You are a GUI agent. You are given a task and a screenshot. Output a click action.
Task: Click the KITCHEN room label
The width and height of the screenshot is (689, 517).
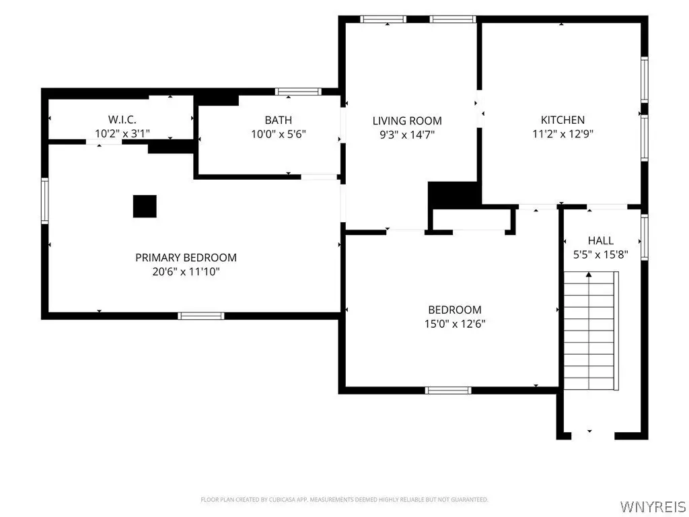563,120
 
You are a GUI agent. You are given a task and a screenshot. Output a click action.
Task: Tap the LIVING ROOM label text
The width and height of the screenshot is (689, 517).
407,120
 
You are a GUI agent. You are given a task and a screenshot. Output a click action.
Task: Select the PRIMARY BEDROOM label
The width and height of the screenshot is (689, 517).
186,257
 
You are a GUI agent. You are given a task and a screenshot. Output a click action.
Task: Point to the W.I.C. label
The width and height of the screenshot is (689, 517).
122,119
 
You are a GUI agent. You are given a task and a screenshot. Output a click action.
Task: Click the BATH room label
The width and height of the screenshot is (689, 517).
278,120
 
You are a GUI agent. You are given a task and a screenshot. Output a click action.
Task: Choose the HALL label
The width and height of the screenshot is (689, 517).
601,240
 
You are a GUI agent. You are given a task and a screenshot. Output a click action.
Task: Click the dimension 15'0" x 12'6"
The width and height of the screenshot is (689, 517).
455,324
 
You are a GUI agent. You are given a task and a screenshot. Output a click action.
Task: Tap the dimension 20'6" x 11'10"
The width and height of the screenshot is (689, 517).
186,272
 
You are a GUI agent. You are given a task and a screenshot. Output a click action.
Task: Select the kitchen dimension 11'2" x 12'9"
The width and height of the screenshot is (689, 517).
563,134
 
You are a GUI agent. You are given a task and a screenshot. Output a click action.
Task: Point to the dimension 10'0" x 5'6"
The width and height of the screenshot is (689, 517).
278,134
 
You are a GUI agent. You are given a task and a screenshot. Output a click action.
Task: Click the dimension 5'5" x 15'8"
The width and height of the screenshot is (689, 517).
601,254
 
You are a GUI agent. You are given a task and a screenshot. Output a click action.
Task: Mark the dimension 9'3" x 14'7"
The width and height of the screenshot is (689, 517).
407,135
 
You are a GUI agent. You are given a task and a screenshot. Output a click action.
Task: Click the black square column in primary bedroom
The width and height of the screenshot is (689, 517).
145,206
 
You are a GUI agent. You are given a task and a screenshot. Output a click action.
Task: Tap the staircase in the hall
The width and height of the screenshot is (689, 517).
591,331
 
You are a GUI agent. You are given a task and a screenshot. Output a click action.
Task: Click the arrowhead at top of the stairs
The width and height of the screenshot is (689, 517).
589,275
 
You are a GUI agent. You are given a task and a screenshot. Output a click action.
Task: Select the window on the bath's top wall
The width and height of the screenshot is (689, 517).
298,92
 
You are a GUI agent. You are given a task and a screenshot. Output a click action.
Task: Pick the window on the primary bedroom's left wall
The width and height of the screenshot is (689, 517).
45,201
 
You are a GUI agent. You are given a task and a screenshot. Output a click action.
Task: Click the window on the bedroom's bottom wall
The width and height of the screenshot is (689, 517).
448,390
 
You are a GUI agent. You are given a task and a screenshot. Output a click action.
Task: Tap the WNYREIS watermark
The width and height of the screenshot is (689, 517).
653,506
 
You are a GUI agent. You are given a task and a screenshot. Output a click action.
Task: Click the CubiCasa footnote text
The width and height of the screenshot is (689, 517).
344,499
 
